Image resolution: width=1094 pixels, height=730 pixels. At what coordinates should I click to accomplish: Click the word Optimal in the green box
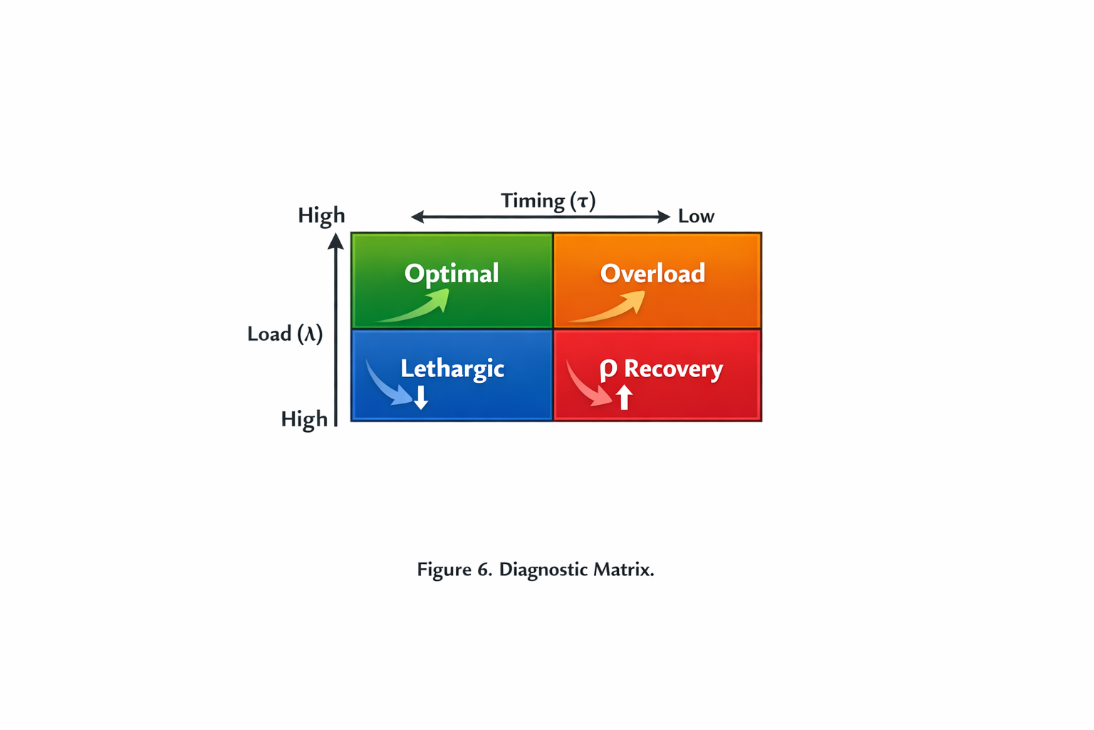pos(452,274)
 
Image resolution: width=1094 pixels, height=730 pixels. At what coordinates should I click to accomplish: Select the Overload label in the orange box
pos(652,274)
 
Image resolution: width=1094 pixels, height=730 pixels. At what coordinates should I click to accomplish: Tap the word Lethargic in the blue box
pos(452,369)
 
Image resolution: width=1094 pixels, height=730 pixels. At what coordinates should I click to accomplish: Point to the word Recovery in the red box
pos(673,369)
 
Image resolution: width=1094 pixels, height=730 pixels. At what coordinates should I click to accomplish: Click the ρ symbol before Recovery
pos(608,369)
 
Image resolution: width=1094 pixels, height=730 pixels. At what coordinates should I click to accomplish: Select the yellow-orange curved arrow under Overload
pos(613,308)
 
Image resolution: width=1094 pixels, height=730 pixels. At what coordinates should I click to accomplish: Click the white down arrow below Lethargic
pos(421,397)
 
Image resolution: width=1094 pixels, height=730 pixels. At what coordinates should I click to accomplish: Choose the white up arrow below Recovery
pos(624,397)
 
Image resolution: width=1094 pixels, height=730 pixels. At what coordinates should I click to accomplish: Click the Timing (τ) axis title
pos(548,201)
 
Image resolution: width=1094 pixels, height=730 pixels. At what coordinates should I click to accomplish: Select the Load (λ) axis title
pos(285,334)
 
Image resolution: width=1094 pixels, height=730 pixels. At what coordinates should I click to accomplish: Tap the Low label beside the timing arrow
pos(696,217)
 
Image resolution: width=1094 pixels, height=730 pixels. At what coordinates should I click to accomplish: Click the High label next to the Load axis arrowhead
pos(321,215)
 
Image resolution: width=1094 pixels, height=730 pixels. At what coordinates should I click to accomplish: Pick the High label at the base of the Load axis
pos(304,419)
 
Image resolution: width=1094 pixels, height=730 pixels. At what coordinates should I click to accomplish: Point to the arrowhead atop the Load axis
pos(336,242)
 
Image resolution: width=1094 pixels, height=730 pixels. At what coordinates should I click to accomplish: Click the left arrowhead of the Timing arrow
pos(417,217)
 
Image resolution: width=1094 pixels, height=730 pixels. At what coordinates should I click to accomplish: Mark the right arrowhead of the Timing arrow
pos(663,217)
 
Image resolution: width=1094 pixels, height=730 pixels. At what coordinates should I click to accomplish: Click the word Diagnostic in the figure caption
pos(546,570)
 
